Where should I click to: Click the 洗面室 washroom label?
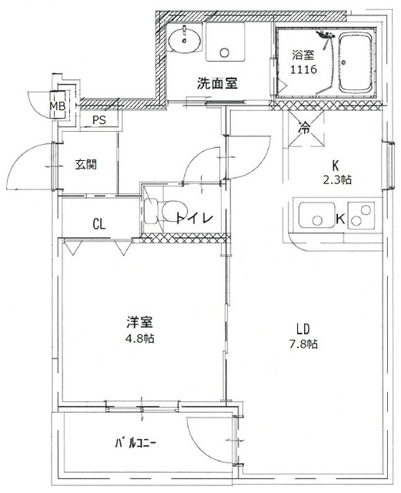pyautogui.click(x=216, y=84)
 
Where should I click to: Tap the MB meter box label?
pyautogui.click(x=57, y=106)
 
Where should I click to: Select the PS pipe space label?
pyautogui.click(x=99, y=120)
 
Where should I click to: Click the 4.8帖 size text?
pyautogui.click(x=139, y=338)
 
